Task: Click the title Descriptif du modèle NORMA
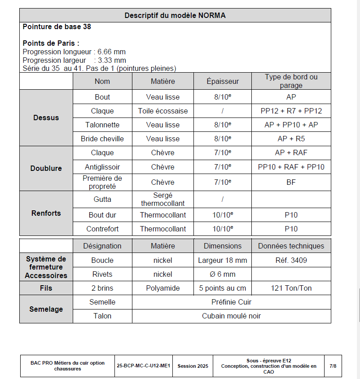175,15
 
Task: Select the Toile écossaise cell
163,111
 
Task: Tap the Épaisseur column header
223,81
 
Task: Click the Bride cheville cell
102,139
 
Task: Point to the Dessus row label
46,118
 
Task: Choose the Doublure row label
46,168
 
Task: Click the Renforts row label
46,213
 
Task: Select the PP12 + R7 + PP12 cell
291,111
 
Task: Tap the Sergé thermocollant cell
163,199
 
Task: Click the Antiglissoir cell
102,167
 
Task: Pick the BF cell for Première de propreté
291,182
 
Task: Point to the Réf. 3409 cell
291,260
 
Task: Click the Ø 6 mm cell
223,274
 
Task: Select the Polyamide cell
163,288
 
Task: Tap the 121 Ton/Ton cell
291,288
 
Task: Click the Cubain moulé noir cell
231,316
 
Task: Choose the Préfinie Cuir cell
231,302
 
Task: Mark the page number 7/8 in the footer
333,366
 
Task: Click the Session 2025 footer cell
193,366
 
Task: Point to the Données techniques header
291,246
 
